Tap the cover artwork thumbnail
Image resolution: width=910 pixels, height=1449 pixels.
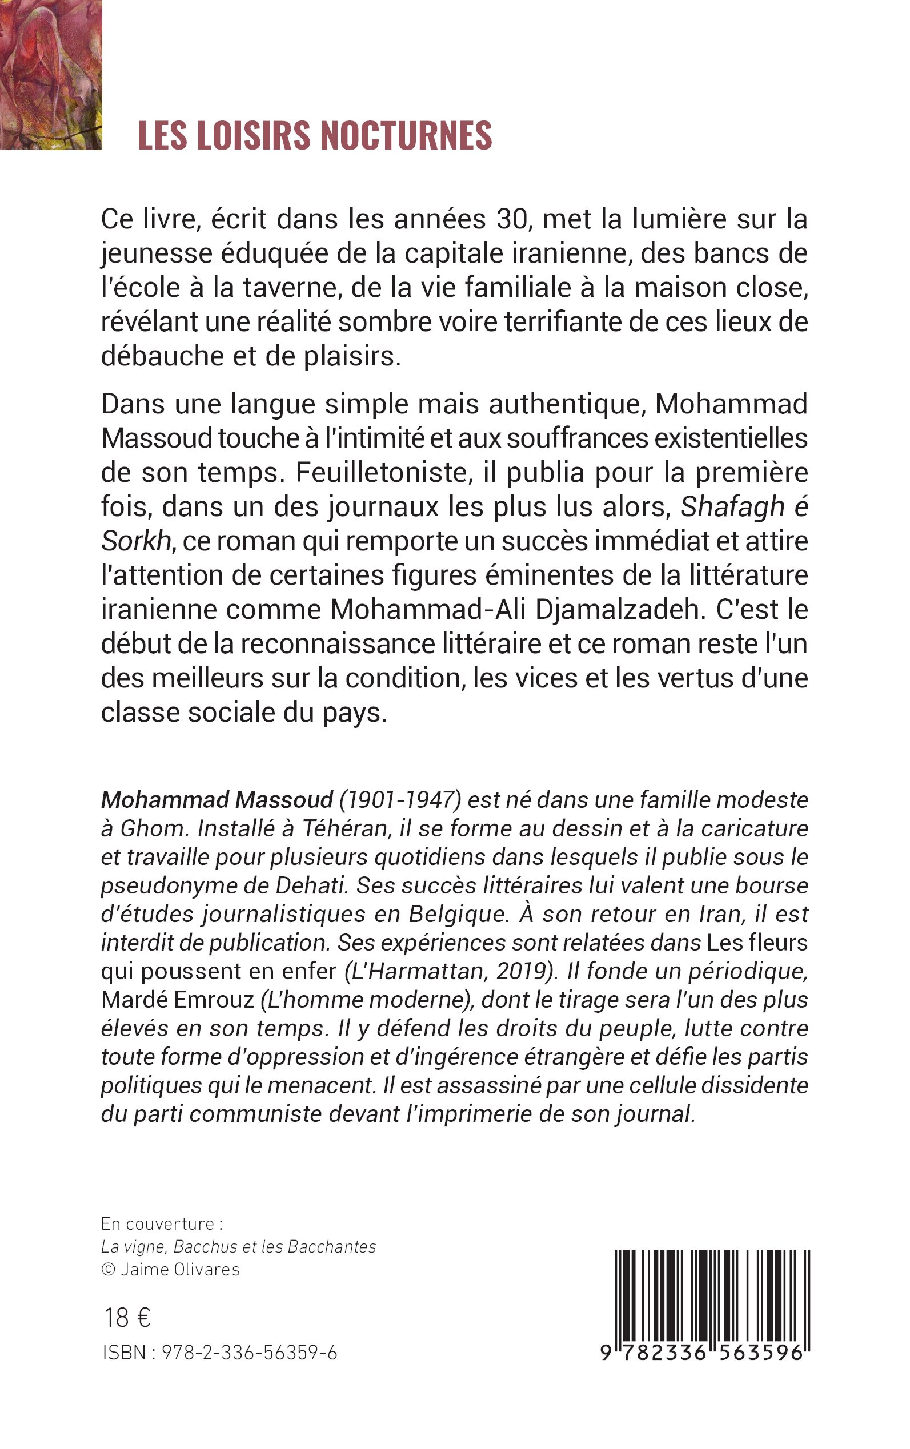point(50,75)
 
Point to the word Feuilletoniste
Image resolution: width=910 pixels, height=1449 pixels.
point(382,473)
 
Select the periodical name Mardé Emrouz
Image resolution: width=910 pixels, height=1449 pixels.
point(178,1000)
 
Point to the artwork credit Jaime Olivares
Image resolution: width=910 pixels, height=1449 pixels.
point(180,1270)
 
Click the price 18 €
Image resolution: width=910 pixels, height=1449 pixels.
point(127,1318)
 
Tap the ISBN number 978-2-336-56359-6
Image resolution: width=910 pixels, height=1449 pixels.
point(249,1353)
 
